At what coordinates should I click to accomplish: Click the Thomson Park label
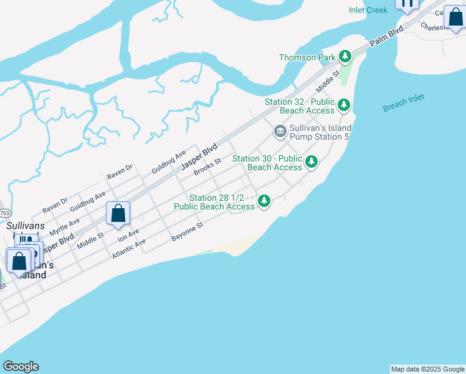[307, 57]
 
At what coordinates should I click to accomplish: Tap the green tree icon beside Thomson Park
[345, 57]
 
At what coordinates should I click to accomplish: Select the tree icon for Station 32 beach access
[344, 105]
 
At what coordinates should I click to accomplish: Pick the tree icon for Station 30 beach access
[311, 162]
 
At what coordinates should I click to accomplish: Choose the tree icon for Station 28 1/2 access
[264, 201]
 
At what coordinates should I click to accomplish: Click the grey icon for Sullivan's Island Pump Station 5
[280, 131]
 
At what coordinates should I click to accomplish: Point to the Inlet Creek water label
[368, 10]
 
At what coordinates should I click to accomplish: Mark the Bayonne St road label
[188, 232]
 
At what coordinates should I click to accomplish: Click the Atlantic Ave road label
[129, 249]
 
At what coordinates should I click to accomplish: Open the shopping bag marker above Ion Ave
[118, 213]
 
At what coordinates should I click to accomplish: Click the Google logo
[21, 367]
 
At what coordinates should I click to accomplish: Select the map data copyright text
[427, 369]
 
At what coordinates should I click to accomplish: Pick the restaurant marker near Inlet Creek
[407, 4]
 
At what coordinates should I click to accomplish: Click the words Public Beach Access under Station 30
[274, 167]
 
